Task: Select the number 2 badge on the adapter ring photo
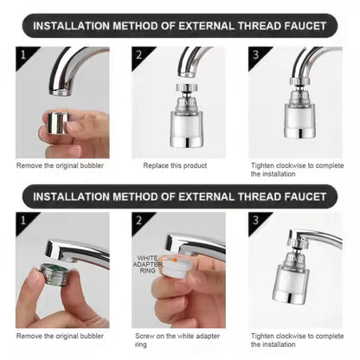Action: tap(138, 220)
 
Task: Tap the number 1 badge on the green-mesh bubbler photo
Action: tap(22, 220)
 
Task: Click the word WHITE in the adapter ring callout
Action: tap(148, 257)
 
